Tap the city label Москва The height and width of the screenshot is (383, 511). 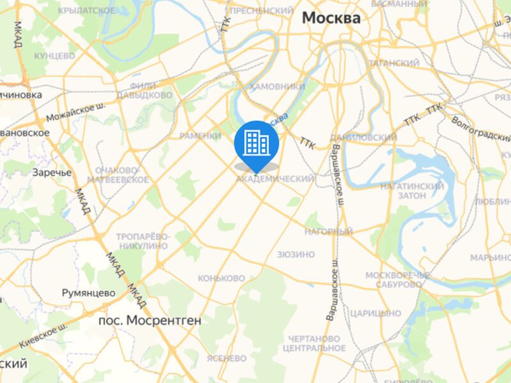331,18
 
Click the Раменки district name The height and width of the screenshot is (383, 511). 200,136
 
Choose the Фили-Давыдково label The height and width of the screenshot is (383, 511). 151,90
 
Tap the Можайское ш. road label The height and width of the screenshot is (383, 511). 75,113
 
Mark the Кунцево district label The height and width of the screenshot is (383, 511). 55,56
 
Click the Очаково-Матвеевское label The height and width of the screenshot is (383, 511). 121,175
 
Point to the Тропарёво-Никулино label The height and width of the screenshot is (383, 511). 142,241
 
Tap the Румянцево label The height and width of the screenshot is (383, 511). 88,293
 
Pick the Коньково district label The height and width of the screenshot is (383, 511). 221,278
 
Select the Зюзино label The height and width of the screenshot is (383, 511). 296,254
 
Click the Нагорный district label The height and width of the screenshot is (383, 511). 328,231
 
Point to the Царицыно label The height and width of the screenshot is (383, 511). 376,313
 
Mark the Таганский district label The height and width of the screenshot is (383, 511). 393,63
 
